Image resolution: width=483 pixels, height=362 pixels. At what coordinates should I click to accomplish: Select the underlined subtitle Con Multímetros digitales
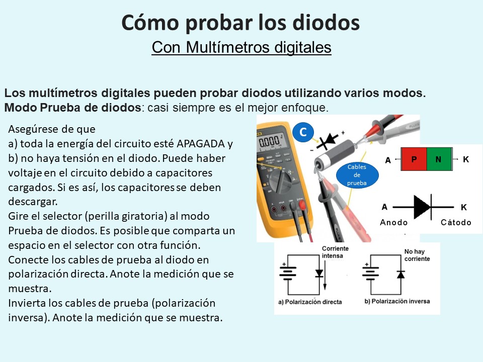pyautogui.click(x=242, y=47)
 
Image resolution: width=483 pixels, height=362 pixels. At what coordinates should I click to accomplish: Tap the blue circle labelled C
pyautogui.click(x=303, y=132)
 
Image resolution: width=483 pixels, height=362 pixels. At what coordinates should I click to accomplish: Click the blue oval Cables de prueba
pyautogui.click(x=357, y=175)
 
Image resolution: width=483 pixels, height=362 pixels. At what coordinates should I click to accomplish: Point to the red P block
pyautogui.click(x=414, y=159)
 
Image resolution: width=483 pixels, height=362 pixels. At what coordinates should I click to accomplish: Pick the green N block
pyautogui.click(x=438, y=159)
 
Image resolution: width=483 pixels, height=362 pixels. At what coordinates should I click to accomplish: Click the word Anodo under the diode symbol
pyautogui.click(x=394, y=222)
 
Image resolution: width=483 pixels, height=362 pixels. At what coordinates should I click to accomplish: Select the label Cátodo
pyautogui.click(x=456, y=222)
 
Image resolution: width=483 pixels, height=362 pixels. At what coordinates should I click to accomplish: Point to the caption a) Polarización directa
pyautogui.click(x=310, y=302)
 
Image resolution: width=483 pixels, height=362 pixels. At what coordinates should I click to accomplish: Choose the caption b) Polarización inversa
pyautogui.click(x=396, y=301)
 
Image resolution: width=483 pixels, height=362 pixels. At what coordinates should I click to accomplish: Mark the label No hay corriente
pyautogui.click(x=417, y=255)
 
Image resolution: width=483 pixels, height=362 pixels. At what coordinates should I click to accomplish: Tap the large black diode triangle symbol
pyautogui.click(x=422, y=207)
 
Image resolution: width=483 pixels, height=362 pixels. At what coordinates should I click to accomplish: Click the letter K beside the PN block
pyautogui.click(x=466, y=159)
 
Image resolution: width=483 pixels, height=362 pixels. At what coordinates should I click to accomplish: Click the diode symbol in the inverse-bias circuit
pyautogui.click(x=400, y=274)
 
